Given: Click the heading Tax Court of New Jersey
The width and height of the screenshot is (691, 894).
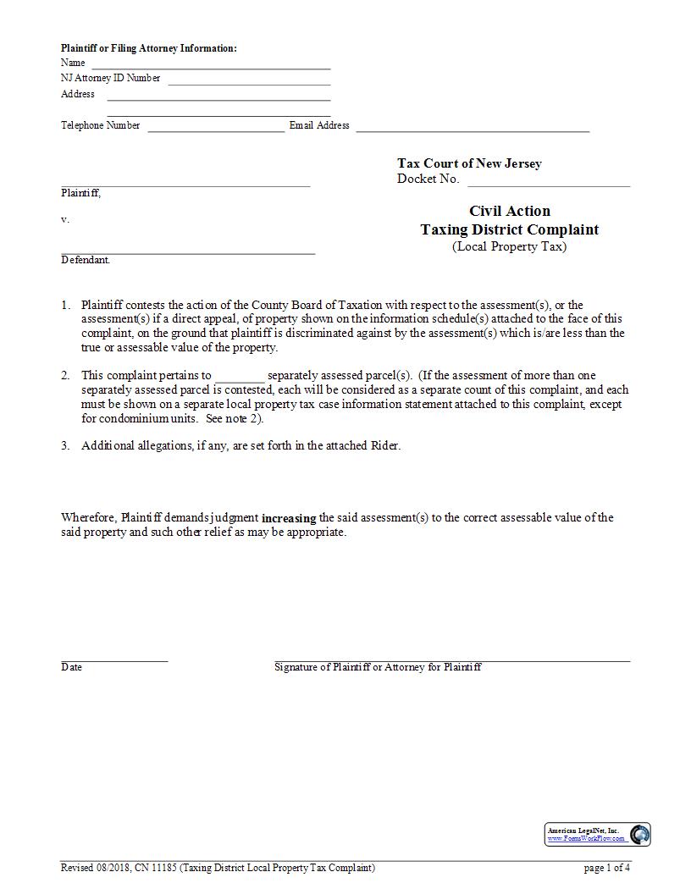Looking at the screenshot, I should click(469, 163).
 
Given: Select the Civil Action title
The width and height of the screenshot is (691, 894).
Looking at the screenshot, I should click(510, 211).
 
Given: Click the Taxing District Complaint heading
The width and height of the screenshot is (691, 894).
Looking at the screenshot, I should click(510, 229).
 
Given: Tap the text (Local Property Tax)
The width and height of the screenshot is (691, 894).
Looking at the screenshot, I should click(510, 246).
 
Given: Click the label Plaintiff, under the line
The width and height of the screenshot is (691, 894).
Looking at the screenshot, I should click(80, 193).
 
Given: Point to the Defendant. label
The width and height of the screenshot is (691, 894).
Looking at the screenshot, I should click(86, 260).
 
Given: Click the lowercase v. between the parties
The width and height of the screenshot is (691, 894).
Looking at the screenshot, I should click(65, 219).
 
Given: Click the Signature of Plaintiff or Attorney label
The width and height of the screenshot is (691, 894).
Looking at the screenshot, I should click(378, 667).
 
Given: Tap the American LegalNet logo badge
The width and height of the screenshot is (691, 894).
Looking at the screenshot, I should click(597, 834).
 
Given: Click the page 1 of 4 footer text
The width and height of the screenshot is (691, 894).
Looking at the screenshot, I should click(607, 868).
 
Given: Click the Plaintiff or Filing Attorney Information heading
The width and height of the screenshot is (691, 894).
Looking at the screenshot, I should click(149, 48).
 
